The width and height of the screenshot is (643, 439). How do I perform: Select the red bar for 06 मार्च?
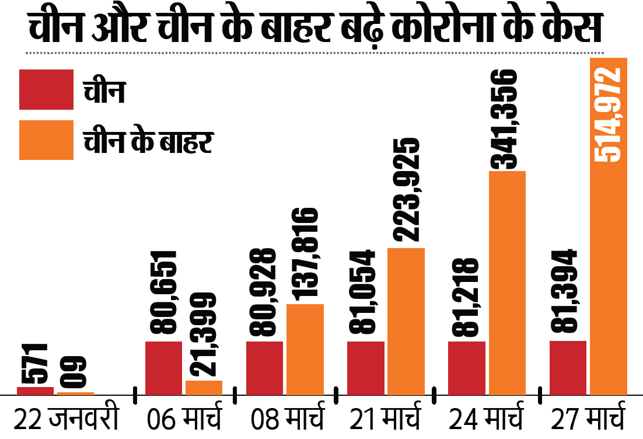[163, 368]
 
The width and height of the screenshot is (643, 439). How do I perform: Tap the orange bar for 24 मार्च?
[507, 283]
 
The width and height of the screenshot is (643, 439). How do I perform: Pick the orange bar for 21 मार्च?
[406, 321]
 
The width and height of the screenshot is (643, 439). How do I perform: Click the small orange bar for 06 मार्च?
[204, 388]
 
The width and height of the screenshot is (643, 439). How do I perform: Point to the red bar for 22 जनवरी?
[35, 391]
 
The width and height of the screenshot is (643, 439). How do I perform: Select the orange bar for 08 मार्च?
[305, 349]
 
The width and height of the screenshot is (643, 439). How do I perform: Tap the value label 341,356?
[505, 120]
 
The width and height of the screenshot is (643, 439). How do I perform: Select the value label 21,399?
[204, 335]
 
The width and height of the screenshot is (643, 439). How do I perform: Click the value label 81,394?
[565, 291]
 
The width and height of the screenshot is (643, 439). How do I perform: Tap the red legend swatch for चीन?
[46, 89]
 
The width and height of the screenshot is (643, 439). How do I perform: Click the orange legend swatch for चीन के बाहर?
[46, 140]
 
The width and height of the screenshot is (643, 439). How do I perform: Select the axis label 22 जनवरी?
[67, 420]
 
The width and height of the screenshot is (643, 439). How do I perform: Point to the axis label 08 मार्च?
[286, 420]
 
